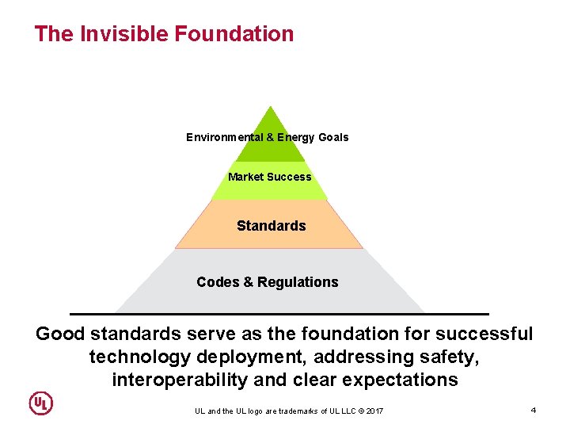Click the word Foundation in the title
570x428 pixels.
(x=234, y=34)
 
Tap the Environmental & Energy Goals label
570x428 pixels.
(x=267, y=137)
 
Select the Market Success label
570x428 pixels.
(x=269, y=177)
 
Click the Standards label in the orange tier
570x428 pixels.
(x=271, y=226)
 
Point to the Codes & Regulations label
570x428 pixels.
(x=267, y=282)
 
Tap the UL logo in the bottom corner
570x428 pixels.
(x=41, y=403)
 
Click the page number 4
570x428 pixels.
(x=534, y=410)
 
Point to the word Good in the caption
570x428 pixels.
(x=59, y=334)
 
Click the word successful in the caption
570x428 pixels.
(x=486, y=334)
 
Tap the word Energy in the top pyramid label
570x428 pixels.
(x=296, y=137)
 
